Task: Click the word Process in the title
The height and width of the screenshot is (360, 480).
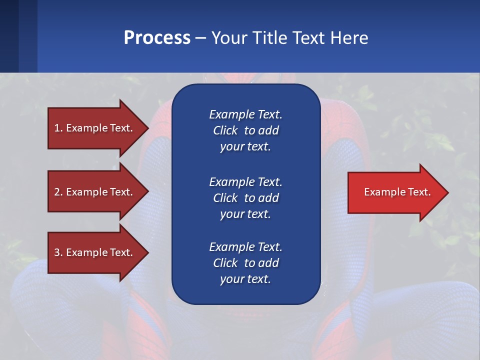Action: click(x=157, y=38)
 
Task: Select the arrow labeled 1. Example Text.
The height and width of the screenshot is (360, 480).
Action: click(x=95, y=128)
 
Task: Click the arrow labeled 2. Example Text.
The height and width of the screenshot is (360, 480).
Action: click(x=95, y=192)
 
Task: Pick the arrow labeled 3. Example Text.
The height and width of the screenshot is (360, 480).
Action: click(x=95, y=252)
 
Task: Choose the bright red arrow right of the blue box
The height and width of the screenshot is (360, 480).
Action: click(x=395, y=192)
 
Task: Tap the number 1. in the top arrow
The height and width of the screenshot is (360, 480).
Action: click(x=58, y=128)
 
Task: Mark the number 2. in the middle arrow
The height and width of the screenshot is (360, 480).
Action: click(x=58, y=192)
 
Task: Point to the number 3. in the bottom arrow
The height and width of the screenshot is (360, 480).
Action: click(x=58, y=252)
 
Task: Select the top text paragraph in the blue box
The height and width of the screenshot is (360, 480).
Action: click(x=245, y=130)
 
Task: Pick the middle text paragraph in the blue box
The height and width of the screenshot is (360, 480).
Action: click(x=245, y=198)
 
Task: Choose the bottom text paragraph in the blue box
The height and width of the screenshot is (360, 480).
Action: click(x=245, y=263)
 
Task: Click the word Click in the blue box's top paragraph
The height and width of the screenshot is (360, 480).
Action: click(x=225, y=130)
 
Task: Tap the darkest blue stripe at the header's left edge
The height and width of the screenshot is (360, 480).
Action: click(x=9, y=36)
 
